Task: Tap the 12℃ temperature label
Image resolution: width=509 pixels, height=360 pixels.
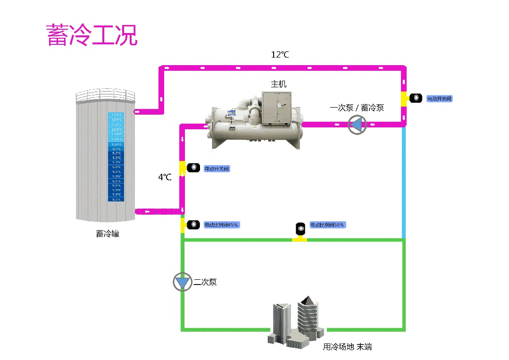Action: coord(280,55)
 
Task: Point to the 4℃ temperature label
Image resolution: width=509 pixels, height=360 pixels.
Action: coord(165,177)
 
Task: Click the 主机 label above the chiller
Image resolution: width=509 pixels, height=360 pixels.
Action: coord(278,84)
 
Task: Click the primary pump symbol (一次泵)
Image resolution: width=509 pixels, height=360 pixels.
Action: coord(357,125)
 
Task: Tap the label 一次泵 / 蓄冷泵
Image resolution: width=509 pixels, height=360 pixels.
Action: coord(357,108)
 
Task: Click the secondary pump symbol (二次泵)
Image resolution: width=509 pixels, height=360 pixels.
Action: coord(182,282)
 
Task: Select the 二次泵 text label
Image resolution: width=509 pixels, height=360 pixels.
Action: coord(205,282)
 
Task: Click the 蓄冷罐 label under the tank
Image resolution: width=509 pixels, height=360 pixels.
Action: coord(108,233)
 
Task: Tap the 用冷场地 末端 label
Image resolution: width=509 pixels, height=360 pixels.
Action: coord(347,347)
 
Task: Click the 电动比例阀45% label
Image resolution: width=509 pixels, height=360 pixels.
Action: coord(221,225)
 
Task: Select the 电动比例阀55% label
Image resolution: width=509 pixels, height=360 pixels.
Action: coord(326,225)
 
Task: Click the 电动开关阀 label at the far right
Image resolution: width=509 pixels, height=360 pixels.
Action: coord(439,99)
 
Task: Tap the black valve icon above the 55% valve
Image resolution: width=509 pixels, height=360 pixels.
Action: coord(300,229)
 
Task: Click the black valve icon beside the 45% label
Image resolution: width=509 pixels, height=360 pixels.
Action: coord(193,225)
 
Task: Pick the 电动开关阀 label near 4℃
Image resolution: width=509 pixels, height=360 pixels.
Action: coord(217,168)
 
